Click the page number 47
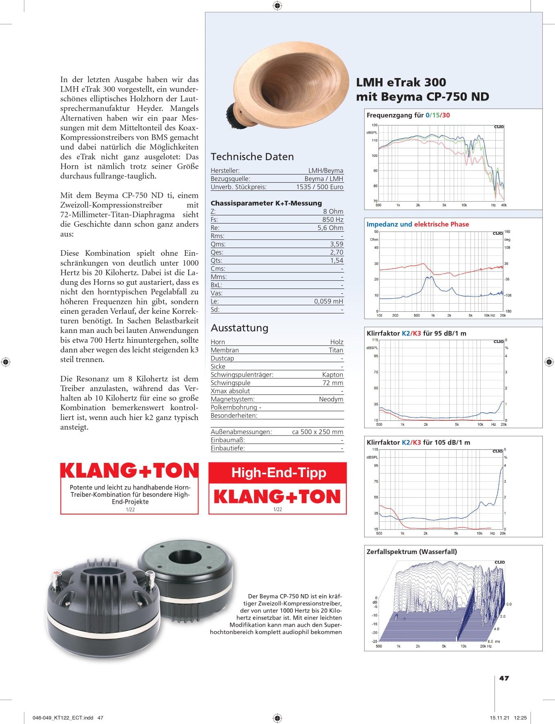point(504,678)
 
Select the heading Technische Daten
point(252,157)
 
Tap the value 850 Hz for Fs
point(332,220)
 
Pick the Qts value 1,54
point(337,261)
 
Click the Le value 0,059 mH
point(328,302)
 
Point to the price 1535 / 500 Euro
point(320,187)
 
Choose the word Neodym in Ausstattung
point(331,399)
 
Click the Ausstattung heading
point(239,328)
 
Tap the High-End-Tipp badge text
point(279,473)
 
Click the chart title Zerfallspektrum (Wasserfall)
point(412,552)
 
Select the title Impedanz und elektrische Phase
point(417,224)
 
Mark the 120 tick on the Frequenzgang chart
point(374,125)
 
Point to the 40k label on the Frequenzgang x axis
point(504,205)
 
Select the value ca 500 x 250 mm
point(317,432)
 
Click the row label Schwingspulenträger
point(242,375)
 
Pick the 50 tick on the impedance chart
point(376,232)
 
